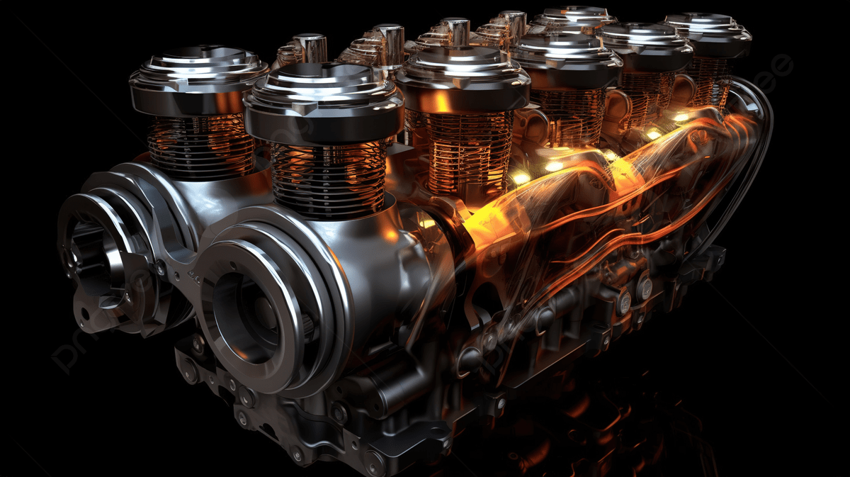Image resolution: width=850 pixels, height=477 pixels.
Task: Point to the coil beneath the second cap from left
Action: pyautogui.click(x=329, y=177)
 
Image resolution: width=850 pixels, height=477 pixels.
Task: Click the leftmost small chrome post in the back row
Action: pyautogui.click(x=309, y=48)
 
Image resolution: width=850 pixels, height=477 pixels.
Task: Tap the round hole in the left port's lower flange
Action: pyautogui.click(x=85, y=313)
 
